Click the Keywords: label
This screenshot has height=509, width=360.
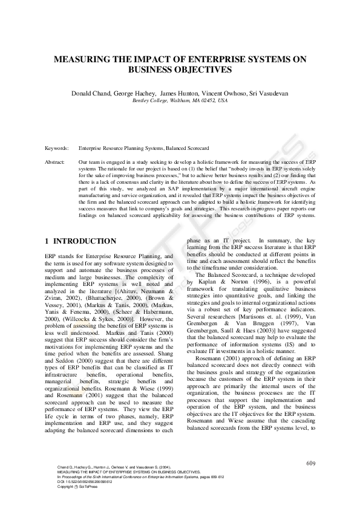(x=57, y=148)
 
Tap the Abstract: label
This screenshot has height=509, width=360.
(x=55, y=163)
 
